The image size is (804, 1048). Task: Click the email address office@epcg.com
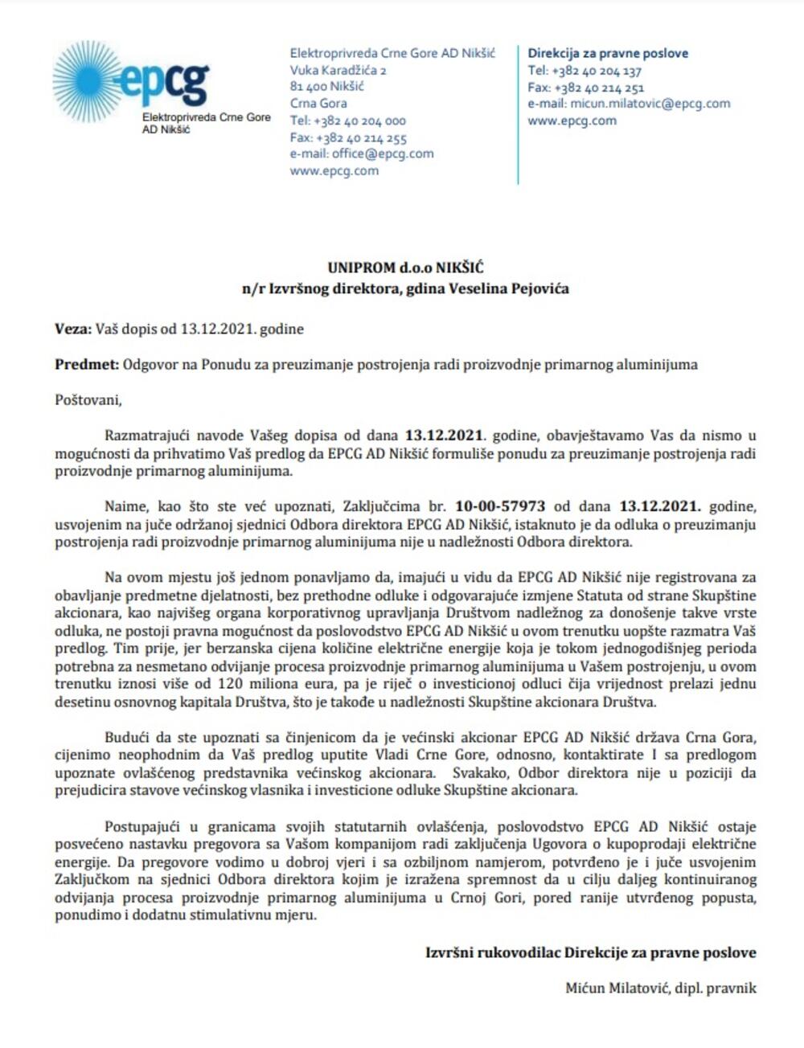coord(383,154)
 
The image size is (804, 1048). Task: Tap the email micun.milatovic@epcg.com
coord(650,104)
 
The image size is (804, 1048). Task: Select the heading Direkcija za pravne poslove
coord(608,53)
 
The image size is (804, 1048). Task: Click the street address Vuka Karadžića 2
coord(338,70)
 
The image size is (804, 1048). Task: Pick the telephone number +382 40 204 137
coord(597,71)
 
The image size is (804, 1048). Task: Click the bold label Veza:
coord(73,329)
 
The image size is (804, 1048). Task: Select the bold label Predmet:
coord(86,364)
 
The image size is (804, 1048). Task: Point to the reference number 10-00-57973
coord(500,506)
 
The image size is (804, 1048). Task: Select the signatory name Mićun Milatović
coord(616,988)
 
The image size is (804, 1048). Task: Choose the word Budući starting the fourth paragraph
coord(128,737)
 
